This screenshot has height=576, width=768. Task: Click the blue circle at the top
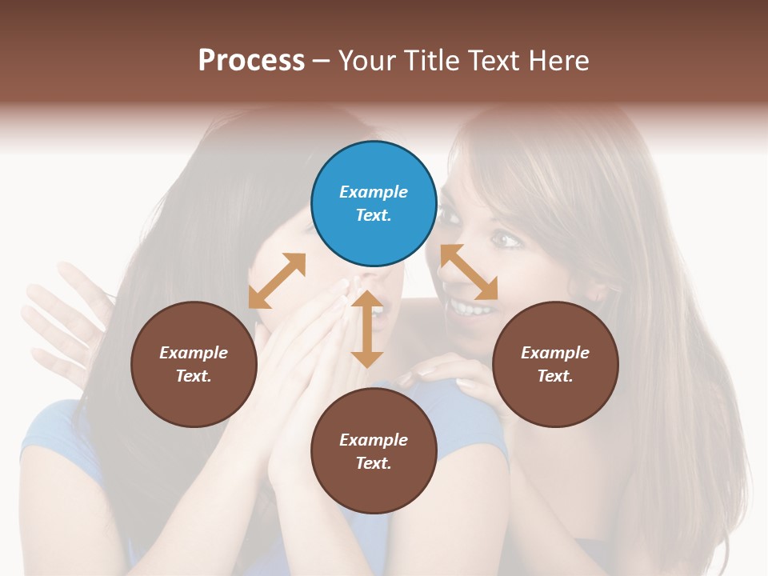point(374,204)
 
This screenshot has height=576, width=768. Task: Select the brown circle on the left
point(194,364)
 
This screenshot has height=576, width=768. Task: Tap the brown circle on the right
point(555,364)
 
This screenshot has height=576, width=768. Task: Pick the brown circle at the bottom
point(374,451)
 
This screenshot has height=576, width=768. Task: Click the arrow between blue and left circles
point(277,281)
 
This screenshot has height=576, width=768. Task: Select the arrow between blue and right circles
point(469,272)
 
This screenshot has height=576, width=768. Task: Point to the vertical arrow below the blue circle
point(367,329)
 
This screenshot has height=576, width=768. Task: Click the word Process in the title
point(251,60)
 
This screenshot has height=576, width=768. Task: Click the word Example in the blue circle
point(374,192)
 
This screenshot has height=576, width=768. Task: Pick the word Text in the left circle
point(194,376)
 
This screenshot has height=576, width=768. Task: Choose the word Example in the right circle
point(555,353)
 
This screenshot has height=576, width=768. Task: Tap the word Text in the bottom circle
point(374,463)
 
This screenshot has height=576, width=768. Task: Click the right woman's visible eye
point(503,239)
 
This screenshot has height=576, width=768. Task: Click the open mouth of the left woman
point(379,314)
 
